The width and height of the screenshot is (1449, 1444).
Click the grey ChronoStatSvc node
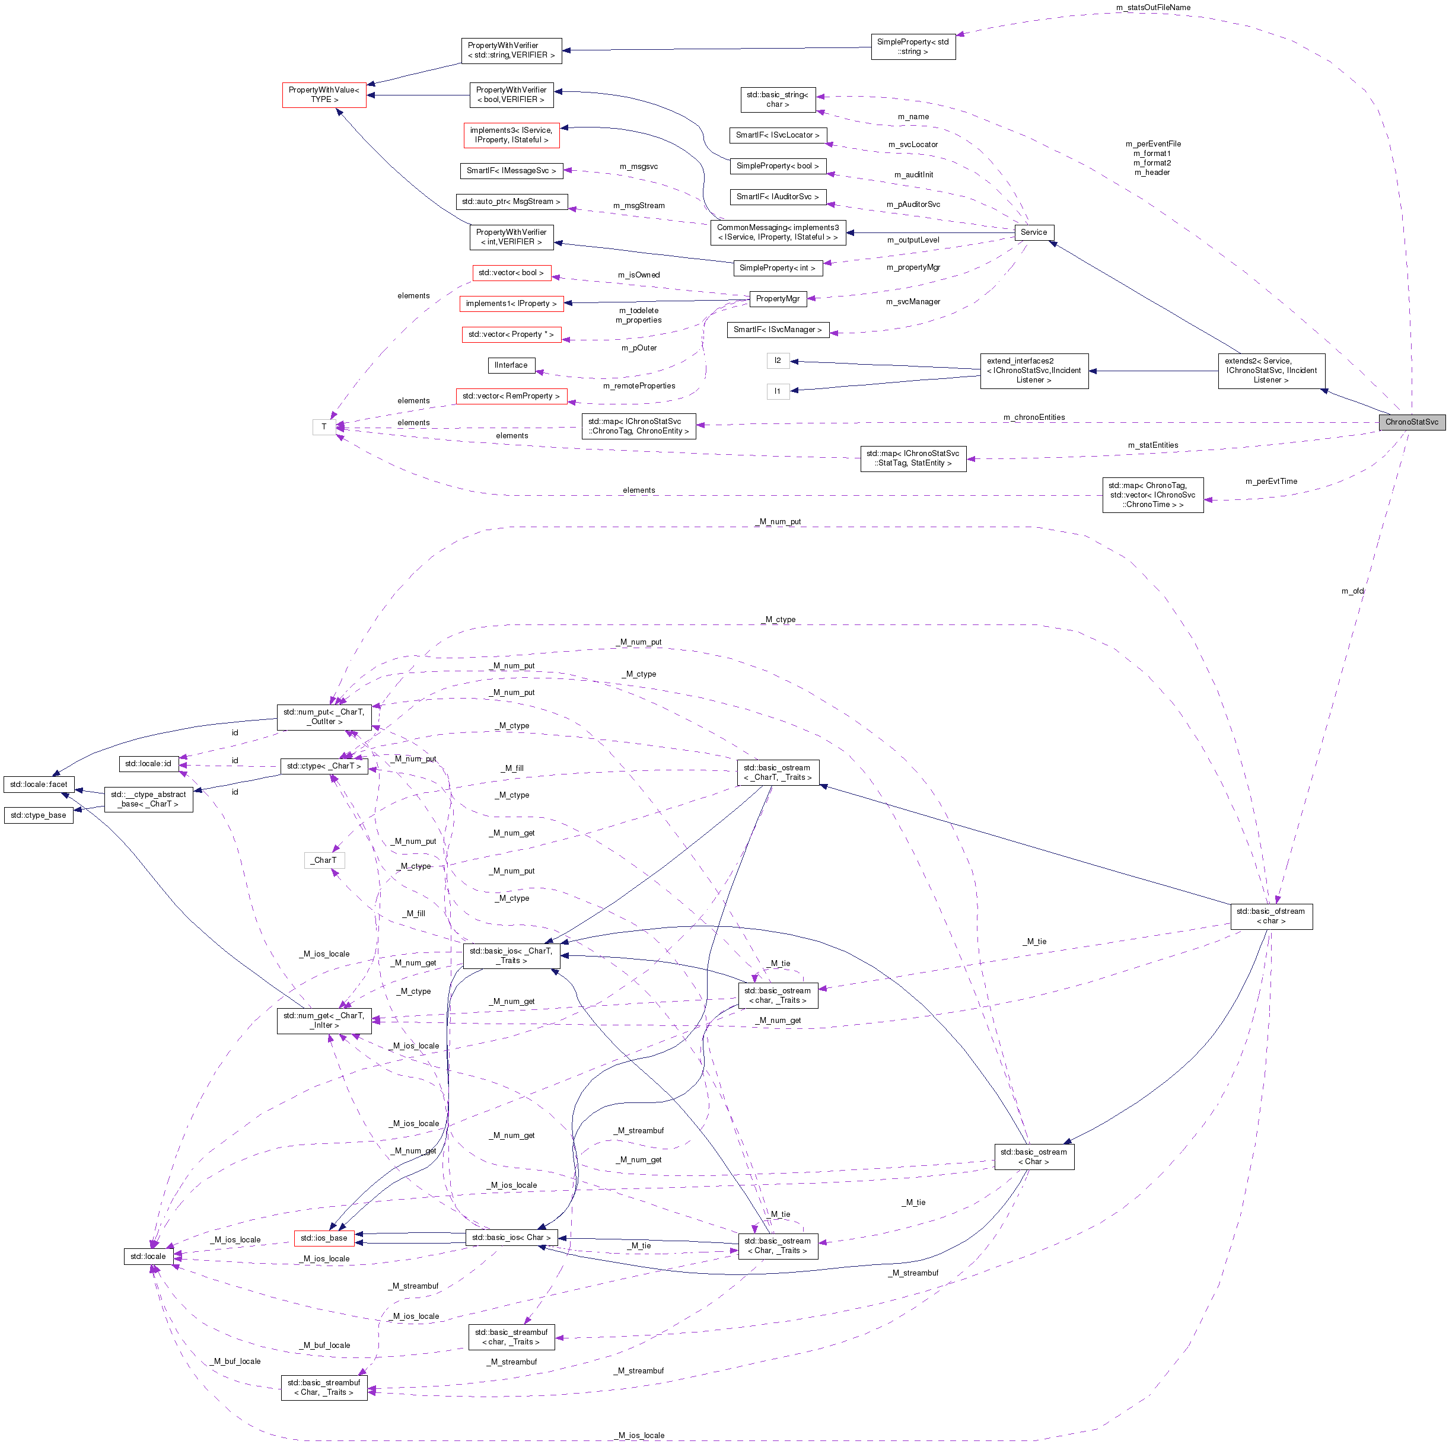tap(1412, 422)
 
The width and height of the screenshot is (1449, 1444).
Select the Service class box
tap(1033, 232)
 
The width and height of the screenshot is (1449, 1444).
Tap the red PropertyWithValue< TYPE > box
tap(324, 94)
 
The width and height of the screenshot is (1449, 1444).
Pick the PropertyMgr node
tap(777, 298)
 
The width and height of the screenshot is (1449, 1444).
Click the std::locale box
tap(148, 1257)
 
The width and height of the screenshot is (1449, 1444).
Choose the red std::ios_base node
tap(324, 1238)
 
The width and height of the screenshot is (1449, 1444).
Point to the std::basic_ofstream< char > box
tap(1270, 916)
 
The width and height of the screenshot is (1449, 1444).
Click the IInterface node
tap(511, 365)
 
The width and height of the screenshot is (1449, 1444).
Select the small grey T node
tap(324, 426)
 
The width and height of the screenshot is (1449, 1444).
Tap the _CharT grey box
tap(325, 860)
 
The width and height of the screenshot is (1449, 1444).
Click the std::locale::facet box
tap(38, 784)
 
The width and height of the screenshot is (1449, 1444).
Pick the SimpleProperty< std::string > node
tap(913, 46)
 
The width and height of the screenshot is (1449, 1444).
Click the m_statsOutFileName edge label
tap(1153, 8)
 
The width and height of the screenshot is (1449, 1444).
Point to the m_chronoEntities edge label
tap(1033, 417)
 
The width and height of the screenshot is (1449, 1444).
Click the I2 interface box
tap(778, 361)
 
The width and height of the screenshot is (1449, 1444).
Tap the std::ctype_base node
tap(38, 815)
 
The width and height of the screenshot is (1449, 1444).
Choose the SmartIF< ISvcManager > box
tap(777, 330)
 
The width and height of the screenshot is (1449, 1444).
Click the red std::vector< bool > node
tap(511, 273)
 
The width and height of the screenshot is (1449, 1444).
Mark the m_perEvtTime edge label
tap(1270, 482)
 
